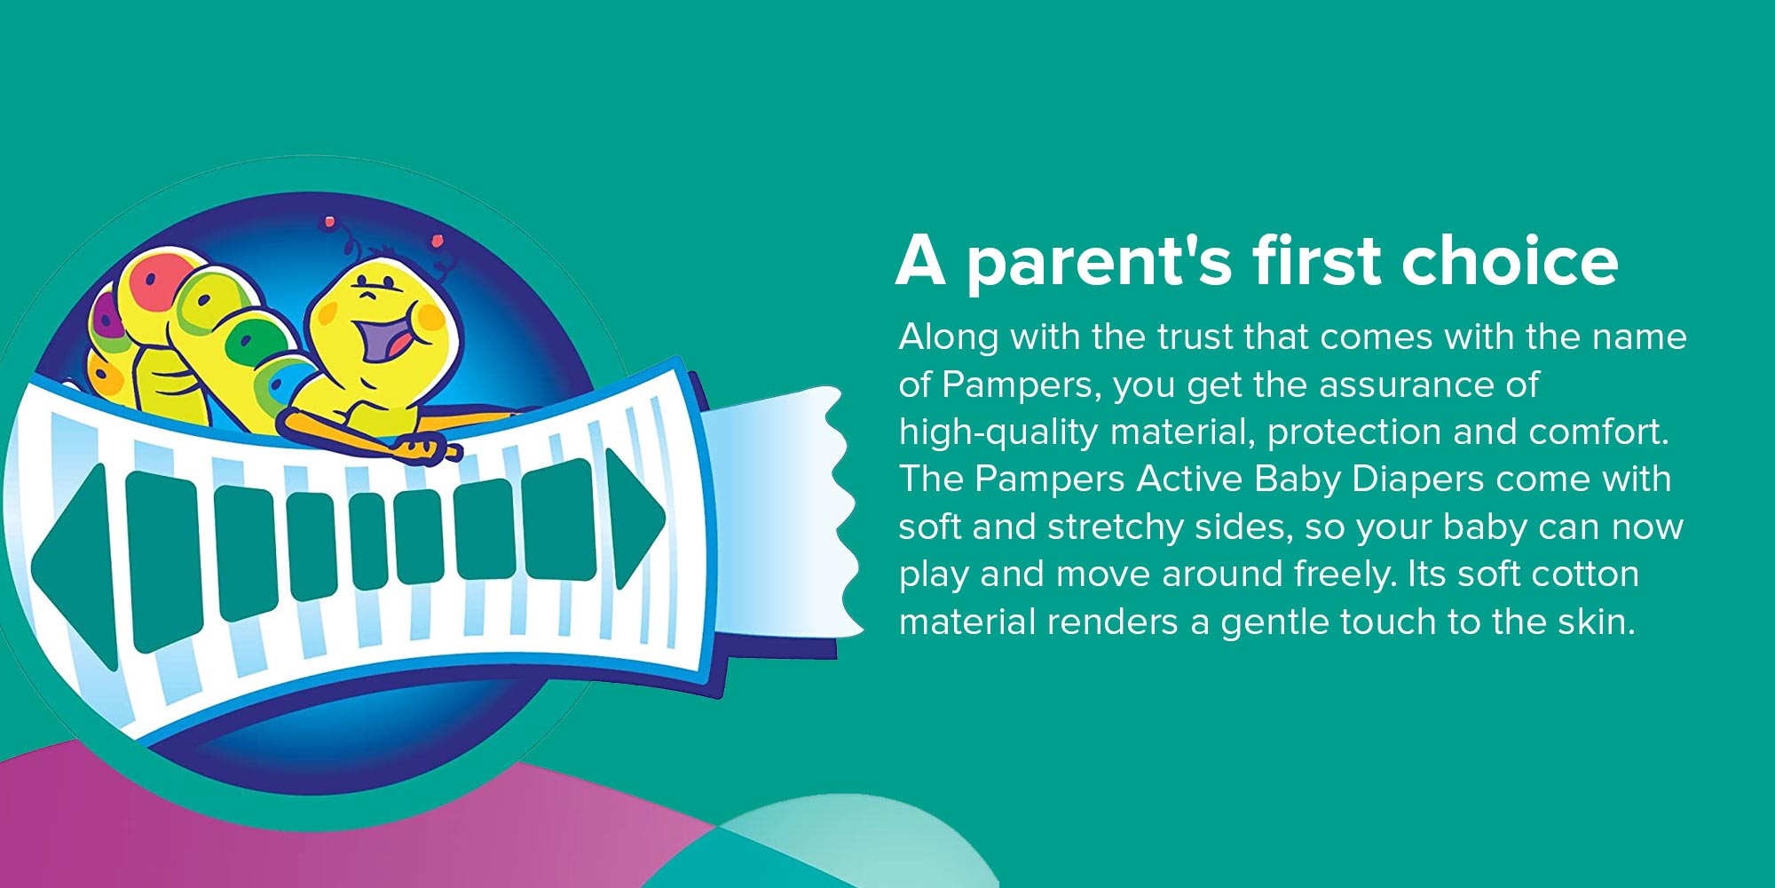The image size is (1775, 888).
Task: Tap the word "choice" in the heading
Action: pyautogui.click(x=1510, y=261)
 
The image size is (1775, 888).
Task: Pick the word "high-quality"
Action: pyautogui.click(x=998, y=432)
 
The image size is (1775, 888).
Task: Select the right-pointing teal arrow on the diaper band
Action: pyautogui.click(x=634, y=519)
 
